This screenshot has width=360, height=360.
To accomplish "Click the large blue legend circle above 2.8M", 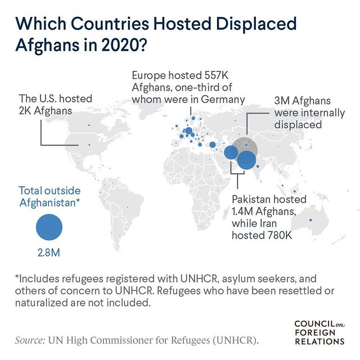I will coord(49,227).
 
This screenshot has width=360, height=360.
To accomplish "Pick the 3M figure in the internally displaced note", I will coord(281,101).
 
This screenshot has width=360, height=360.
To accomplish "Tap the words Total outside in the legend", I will coord(49,190).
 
